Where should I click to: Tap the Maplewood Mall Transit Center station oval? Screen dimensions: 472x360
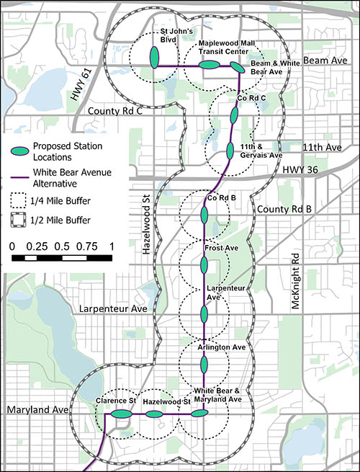[208, 66]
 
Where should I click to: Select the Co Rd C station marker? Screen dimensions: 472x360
[234, 115]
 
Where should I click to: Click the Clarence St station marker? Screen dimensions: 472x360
[122, 414]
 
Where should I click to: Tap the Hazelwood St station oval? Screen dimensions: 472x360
[154, 414]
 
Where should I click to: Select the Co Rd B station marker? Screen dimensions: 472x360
[204, 215]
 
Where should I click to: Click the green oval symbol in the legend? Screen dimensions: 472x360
[23, 149]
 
